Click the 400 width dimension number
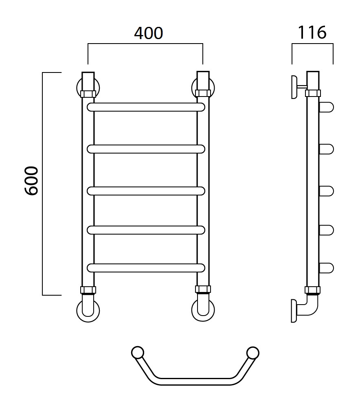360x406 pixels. (x=148, y=33)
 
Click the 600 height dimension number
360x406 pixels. (x=32, y=180)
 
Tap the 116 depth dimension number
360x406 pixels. (x=312, y=33)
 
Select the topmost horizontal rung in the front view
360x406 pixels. (x=146, y=107)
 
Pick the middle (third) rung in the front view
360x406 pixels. (x=146, y=191)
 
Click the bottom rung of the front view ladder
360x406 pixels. (x=146, y=268)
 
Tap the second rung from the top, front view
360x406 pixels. (x=146, y=149)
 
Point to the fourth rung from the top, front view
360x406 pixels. (x=146, y=230)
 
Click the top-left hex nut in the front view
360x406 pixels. (x=88, y=94)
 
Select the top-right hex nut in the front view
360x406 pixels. (x=203, y=93)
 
